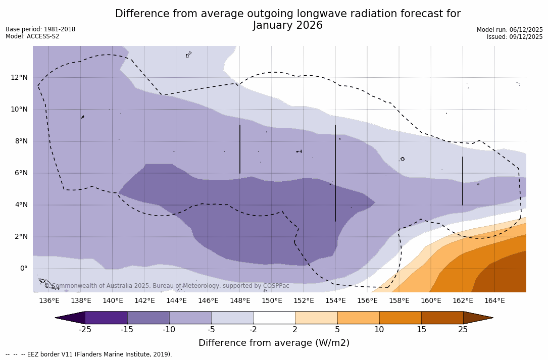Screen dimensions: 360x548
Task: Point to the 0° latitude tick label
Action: (23, 269)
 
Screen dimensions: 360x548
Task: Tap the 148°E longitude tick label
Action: (240, 301)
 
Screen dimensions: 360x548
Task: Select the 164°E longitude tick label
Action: (494, 301)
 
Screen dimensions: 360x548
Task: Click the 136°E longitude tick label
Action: (49, 301)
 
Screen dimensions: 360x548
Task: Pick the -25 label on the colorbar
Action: (85, 330)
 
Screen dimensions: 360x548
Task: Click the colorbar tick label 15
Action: (421, 330)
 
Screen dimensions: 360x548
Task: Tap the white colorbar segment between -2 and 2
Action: (274, 318)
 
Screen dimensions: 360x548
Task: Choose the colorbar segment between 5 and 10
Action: (358, 318)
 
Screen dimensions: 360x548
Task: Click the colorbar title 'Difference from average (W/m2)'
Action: (274, 343)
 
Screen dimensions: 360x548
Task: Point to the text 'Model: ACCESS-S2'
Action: (32, 36)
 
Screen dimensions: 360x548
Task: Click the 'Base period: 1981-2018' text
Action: (40, 29)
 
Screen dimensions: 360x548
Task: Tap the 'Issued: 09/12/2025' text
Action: (515, 37)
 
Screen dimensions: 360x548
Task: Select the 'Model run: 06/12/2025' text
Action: (510, 30)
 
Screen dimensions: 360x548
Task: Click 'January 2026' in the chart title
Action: (287, 25)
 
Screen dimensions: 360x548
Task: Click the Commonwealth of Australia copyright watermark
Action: (167, 286)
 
